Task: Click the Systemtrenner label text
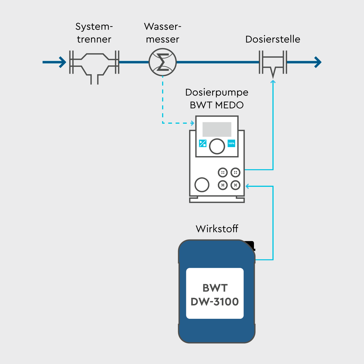[x=94, y=33]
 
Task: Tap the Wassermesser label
[x=162, y=33]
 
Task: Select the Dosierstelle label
[x=272, y=39]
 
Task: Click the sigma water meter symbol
[x=163, y=62]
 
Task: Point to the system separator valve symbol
[x=94, y=65]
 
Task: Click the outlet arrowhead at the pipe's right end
[x=318, y=62]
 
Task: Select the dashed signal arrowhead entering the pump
[x=193, y=123]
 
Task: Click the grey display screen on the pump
[x=217, y=129]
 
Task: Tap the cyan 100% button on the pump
[x=231, y=143]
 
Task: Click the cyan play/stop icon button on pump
[x=202, y=143]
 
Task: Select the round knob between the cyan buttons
[x=217, y=146]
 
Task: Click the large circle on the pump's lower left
[x=202, y=185]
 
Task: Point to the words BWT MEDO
[x=217, y=105]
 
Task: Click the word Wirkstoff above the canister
[x=217, y=229]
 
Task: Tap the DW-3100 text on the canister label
[x=215, y=302]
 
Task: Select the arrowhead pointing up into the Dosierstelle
[x=273, y=82]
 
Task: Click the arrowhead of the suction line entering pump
[x=247, y=186]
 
